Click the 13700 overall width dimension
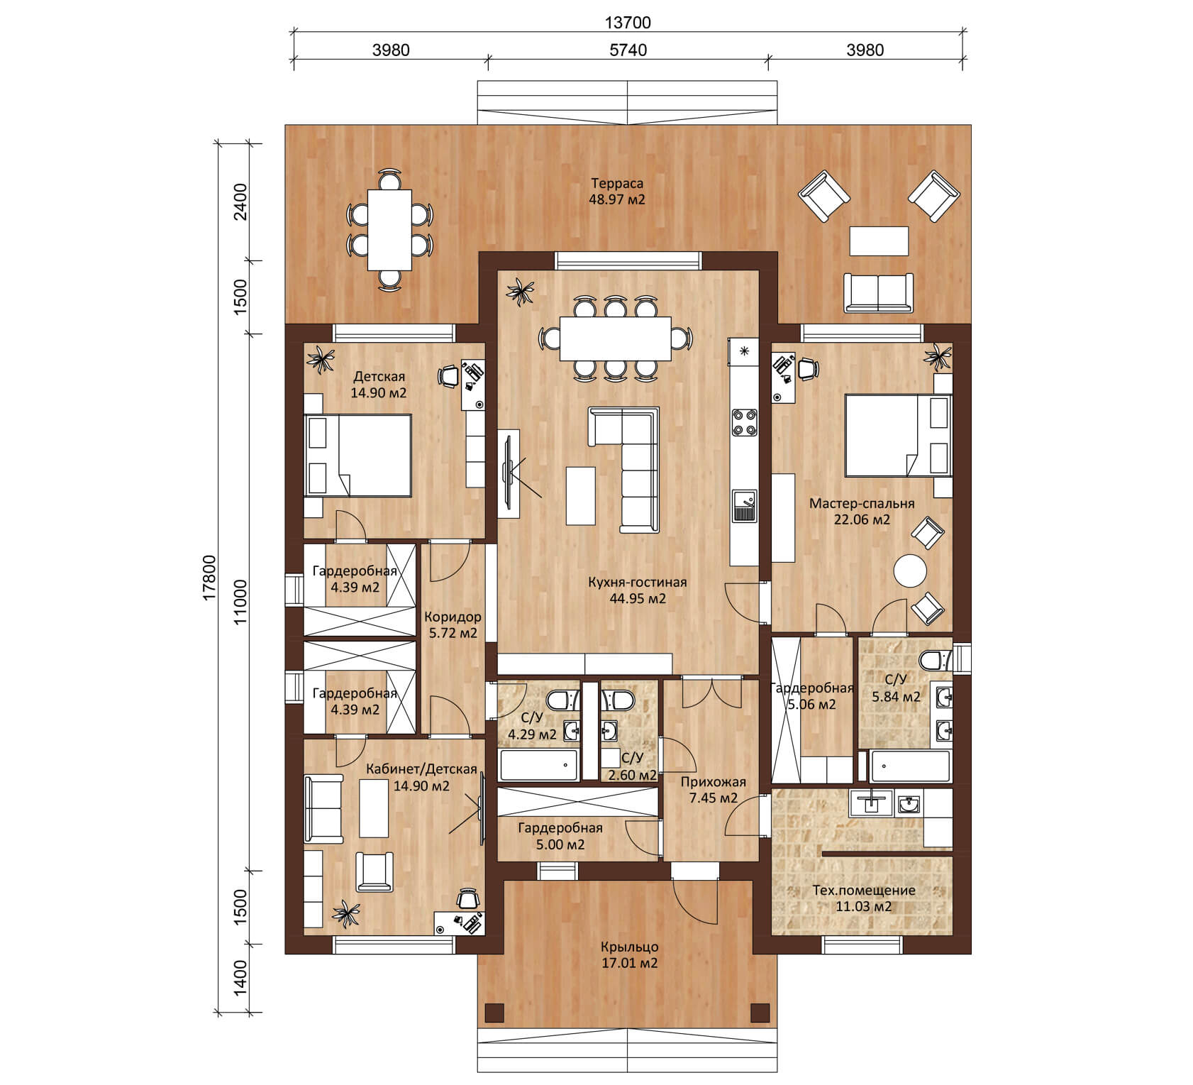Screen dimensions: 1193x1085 coord(628,22)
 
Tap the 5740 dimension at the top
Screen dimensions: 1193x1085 coord(628,50)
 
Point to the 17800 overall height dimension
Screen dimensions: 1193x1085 coord(209,578)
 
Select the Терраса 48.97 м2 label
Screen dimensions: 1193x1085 coord(617,192)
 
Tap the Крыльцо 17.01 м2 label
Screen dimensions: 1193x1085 coord(629,955)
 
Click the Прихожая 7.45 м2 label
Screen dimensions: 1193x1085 coord(713,790)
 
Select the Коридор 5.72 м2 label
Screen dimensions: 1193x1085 coord(453,625)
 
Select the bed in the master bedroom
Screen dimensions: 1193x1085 coord(897,435)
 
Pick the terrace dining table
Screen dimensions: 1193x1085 coord(389,229)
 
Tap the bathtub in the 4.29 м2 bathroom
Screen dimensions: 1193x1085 coord(540,765)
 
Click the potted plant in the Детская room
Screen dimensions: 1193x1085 coord(322,359)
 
